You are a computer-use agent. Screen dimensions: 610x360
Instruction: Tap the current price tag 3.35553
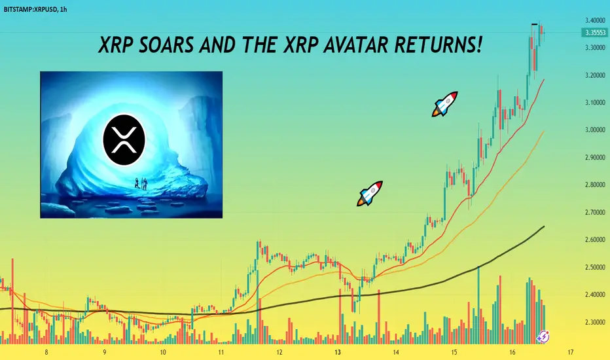595,32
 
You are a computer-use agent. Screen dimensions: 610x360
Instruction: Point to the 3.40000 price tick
595,20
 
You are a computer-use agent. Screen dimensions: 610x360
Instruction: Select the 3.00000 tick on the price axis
595,130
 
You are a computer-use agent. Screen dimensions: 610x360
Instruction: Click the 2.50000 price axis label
595,267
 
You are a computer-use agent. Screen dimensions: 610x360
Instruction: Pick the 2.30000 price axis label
595,322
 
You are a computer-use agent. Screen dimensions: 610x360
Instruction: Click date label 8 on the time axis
46,353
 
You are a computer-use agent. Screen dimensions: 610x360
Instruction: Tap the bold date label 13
337,353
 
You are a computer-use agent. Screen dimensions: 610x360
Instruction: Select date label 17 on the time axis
570,353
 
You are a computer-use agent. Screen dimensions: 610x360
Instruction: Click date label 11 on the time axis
221,353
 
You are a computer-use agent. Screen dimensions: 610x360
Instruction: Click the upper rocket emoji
444,104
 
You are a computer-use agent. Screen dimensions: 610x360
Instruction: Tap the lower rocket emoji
370,194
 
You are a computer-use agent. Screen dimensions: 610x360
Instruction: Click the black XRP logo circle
124,139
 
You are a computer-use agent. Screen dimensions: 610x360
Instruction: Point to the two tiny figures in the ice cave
141,183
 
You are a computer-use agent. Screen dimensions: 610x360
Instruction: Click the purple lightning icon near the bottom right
543,336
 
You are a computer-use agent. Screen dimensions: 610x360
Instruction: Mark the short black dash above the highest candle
535,24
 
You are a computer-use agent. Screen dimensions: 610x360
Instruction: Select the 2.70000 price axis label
595,213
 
